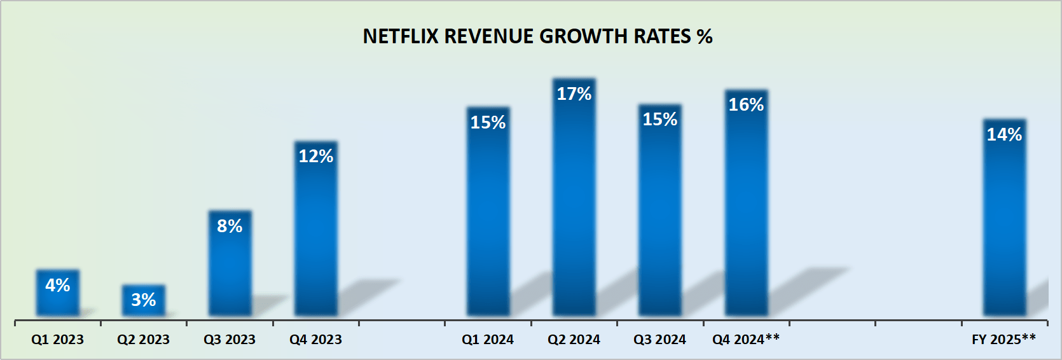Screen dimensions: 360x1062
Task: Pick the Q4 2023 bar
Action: click(316, 235)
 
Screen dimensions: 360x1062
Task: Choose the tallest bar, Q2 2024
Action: click(574, 204)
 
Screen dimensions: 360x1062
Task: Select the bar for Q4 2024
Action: click(747, 210)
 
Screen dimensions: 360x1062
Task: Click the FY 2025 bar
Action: click(1004, 223)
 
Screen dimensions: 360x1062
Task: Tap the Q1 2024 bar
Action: click(488, 216)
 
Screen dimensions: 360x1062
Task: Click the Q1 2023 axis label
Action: click(58, 340)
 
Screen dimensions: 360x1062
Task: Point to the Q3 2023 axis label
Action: click(230, 340)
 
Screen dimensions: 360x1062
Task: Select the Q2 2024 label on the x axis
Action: click(574, 340)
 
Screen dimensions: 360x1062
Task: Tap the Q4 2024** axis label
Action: click(746, 340)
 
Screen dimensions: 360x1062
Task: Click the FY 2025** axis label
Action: click(1003, 340)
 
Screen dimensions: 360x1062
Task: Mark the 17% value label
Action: click(574, 94)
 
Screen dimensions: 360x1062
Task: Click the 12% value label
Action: click(316, 156)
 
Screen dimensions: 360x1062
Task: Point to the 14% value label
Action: click(1004, 135)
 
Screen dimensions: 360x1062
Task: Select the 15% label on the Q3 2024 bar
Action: click(660, 120)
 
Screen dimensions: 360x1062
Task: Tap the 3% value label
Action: click(144, 300)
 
